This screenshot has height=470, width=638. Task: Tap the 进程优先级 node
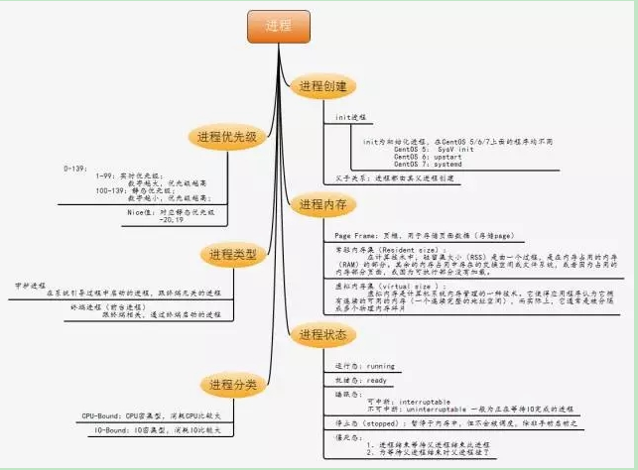227,137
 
